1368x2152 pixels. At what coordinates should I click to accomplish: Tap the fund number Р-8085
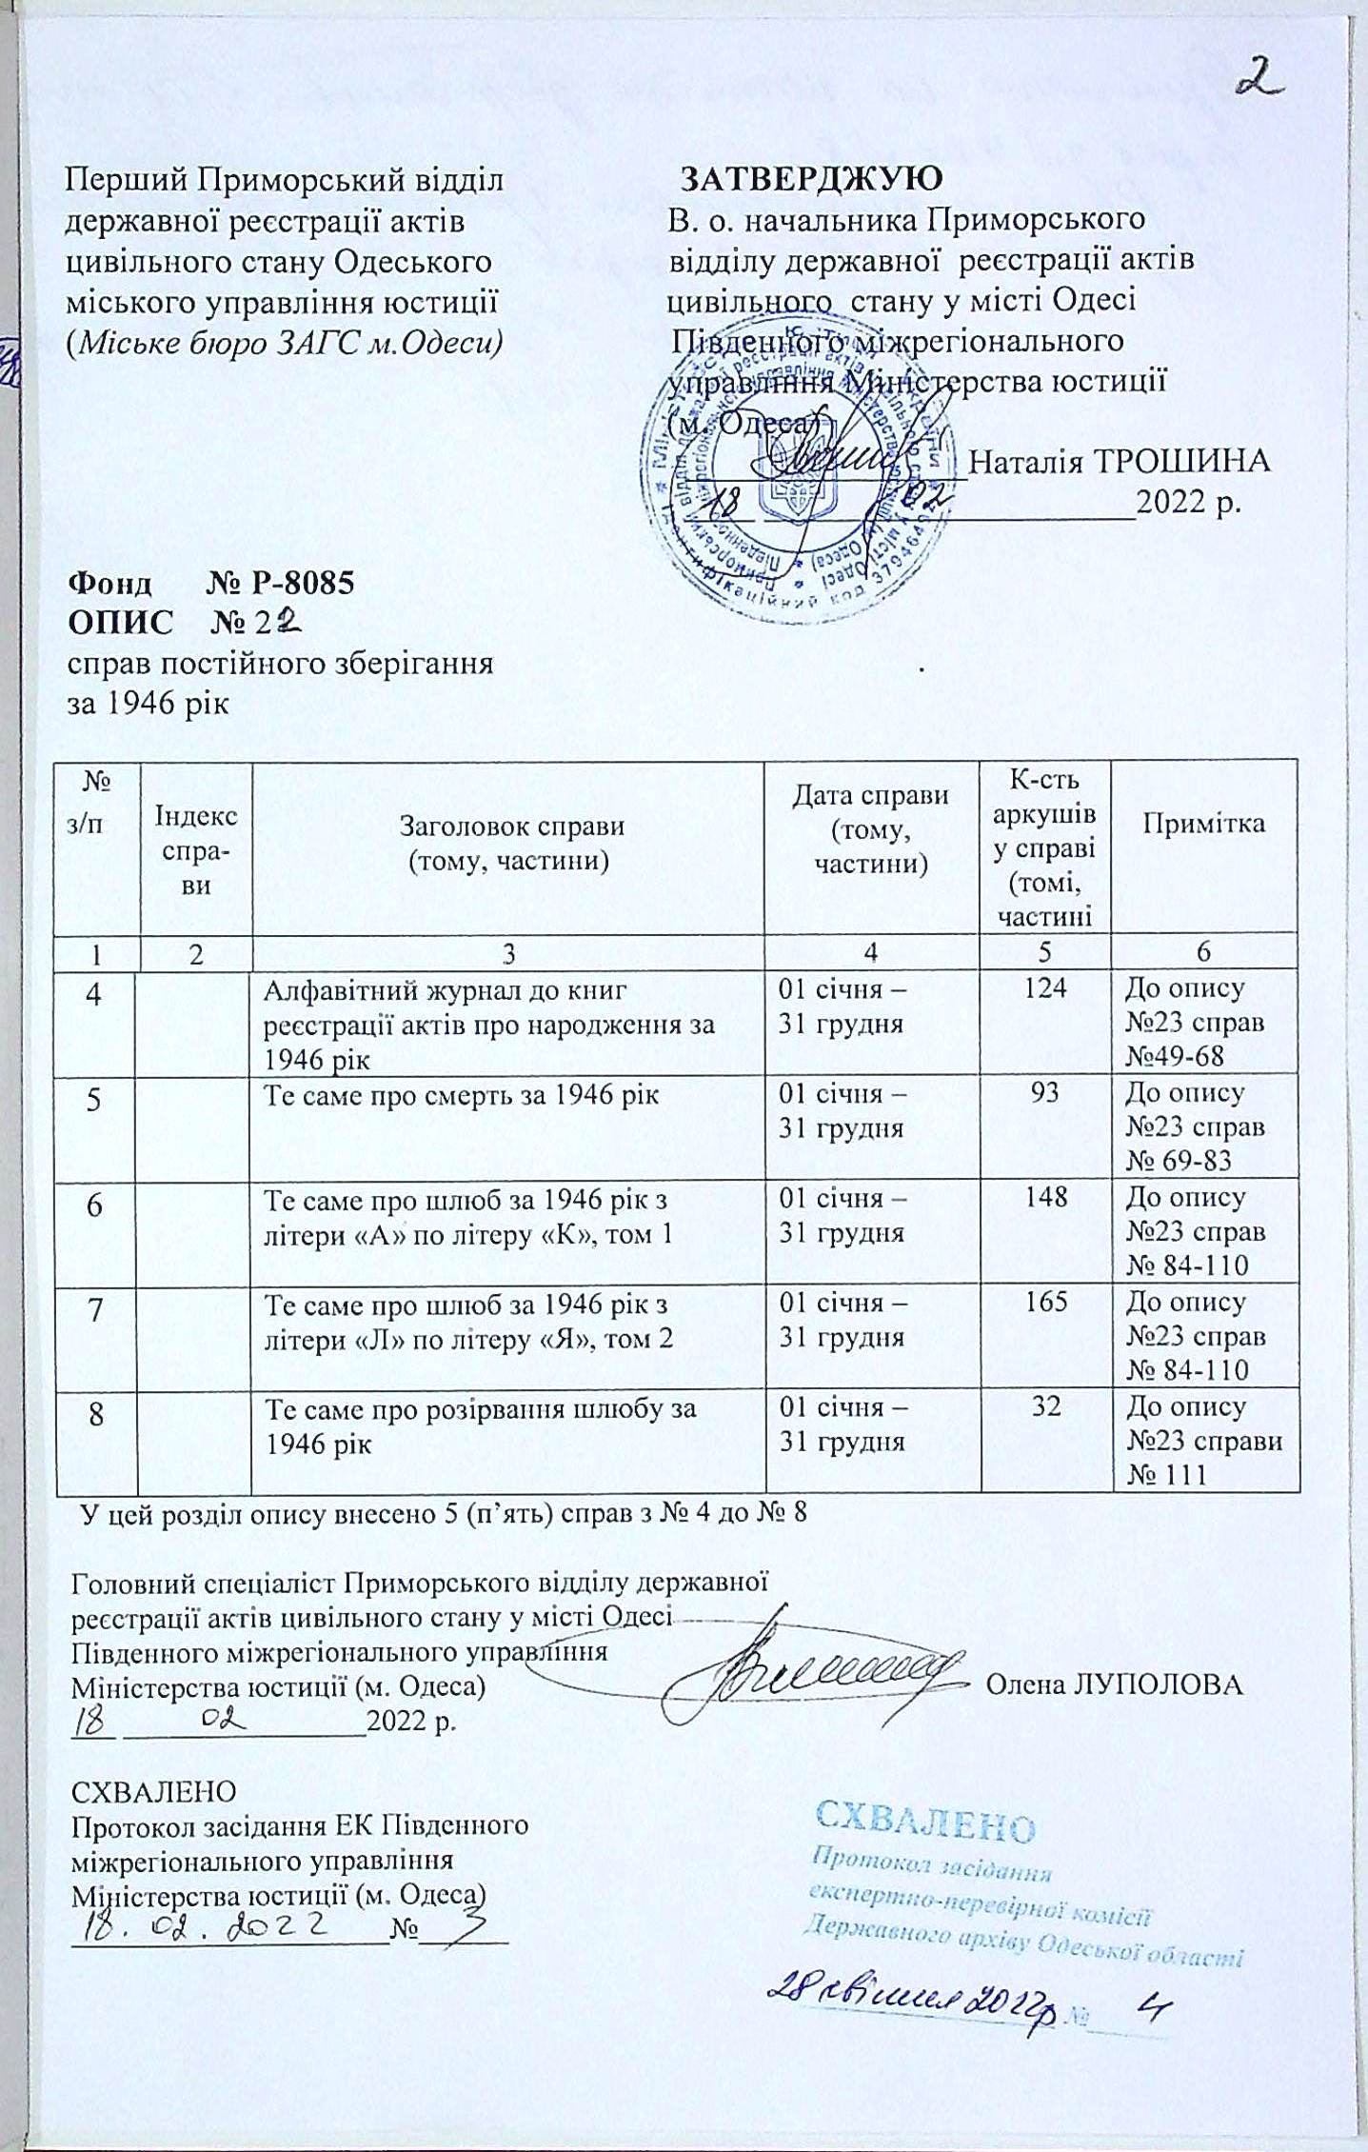(302, 582)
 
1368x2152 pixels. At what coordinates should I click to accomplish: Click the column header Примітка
(1203, 824)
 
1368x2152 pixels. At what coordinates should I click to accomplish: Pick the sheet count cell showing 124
(1044, 988)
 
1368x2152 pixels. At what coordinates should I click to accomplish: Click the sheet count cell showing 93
(1044, 1093)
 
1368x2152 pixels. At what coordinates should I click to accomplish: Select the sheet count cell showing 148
(1046, 1198)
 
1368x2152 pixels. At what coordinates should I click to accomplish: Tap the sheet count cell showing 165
(1046, 1303)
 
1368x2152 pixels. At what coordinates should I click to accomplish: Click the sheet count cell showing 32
(1046, 1407)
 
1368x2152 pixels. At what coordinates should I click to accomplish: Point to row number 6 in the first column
(95, 1206)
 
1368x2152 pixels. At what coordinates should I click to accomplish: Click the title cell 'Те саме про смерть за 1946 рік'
(461, 1095)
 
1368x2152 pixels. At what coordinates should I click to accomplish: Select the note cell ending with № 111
(1204, 1440)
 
